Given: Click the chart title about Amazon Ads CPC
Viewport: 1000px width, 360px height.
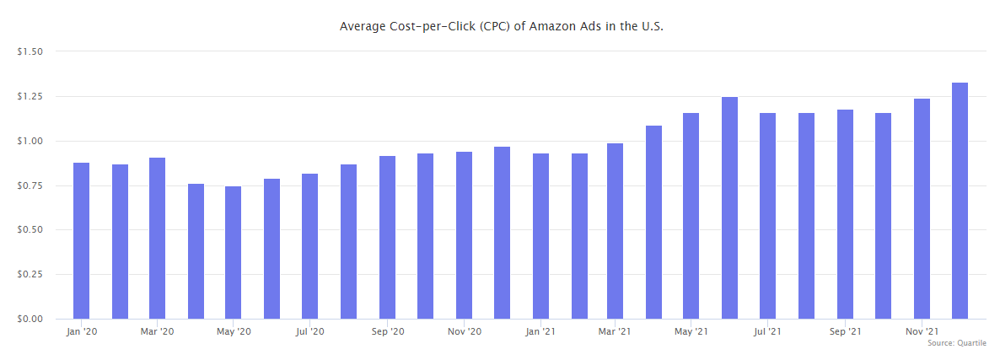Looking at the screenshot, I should coord(501,26).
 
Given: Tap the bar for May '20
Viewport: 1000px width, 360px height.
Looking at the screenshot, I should coord(234,252).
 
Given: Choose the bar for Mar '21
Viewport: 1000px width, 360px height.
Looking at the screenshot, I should coord(615,231).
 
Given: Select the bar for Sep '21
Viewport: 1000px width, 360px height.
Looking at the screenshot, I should coord(845,214).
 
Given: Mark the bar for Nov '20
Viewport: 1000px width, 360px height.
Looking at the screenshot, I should coord(464,235).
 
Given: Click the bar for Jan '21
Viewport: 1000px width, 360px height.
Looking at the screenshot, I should coord(540,236).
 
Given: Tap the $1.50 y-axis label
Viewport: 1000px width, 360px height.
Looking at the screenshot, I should coord(30,51).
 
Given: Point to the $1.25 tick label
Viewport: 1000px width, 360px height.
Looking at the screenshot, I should coord(30,96).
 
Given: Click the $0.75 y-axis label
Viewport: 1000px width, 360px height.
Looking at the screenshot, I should coord(30,185).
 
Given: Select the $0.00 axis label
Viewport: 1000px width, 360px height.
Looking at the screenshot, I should coord(30,319).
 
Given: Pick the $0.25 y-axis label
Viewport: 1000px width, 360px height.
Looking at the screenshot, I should coord(30,274).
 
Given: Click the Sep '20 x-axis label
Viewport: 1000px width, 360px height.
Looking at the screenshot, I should coord(387,332).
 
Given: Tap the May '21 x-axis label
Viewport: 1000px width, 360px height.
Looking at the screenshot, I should coord(691,332).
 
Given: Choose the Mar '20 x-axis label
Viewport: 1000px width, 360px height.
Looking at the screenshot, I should coord(158,332).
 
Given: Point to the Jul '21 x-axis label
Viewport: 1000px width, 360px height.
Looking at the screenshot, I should coord(768,332).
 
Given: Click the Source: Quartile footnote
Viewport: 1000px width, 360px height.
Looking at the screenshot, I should coord(956,343).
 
